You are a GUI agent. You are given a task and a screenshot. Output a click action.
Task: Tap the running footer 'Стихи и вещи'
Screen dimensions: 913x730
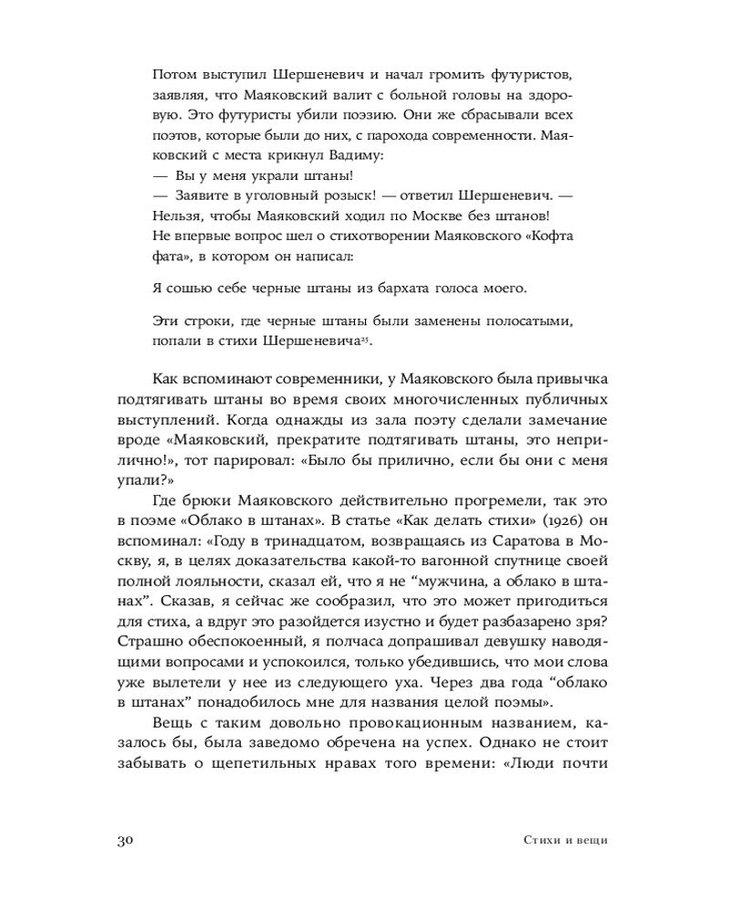click(565, 841)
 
